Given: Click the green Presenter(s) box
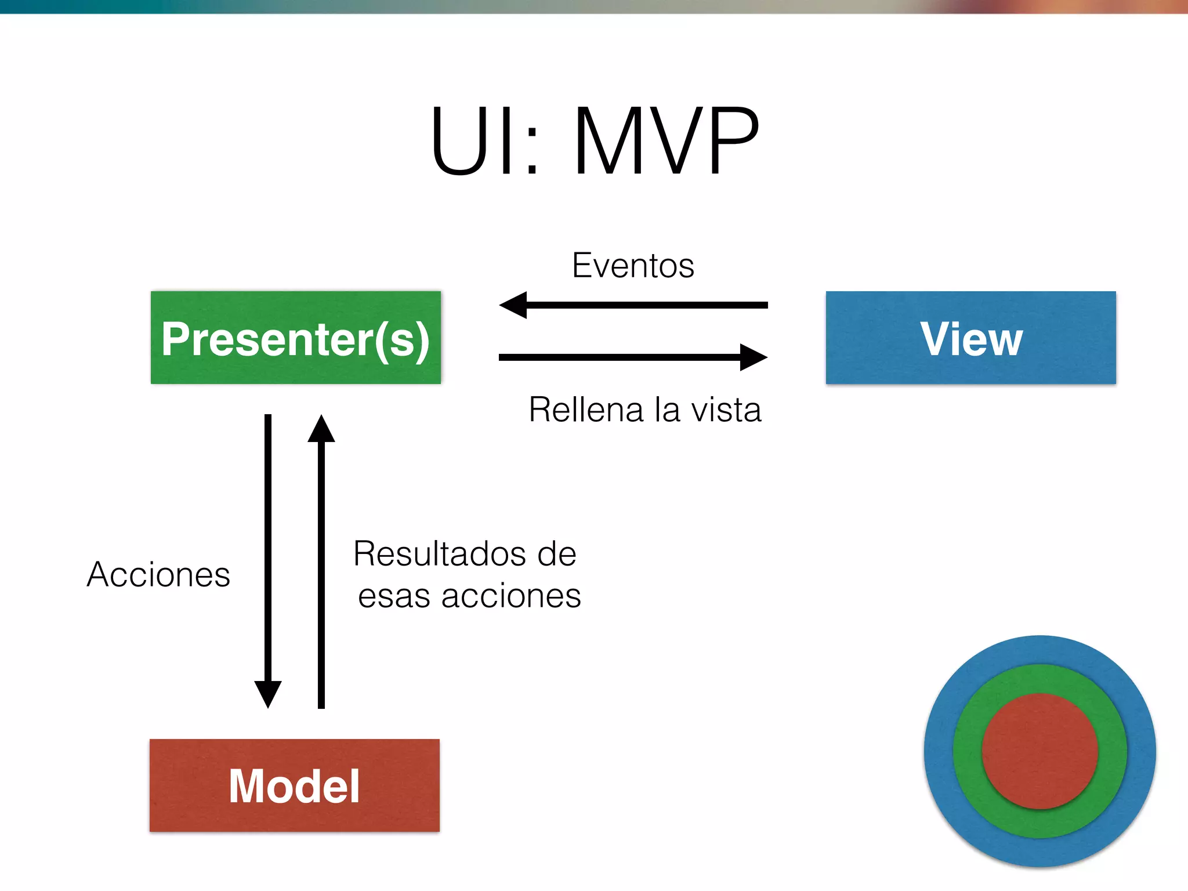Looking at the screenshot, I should pos(295,338).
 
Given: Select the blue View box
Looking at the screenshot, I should pos(970,338).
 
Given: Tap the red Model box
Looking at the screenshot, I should pos(294,785).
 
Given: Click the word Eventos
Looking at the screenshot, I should pos(633,266).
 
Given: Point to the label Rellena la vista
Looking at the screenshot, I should pos(644,410).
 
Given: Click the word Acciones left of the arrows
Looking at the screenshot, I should pos(158,574).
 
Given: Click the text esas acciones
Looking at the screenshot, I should pos(469,596).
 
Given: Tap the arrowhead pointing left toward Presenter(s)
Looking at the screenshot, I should pos(514,305).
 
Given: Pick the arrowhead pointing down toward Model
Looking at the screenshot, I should pos(268,694).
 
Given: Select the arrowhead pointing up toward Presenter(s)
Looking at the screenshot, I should pos(321,429).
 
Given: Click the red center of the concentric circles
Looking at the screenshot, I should pos(1040,751).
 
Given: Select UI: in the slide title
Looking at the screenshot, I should pos(484,141).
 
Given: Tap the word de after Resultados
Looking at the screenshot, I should pos(556,553).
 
